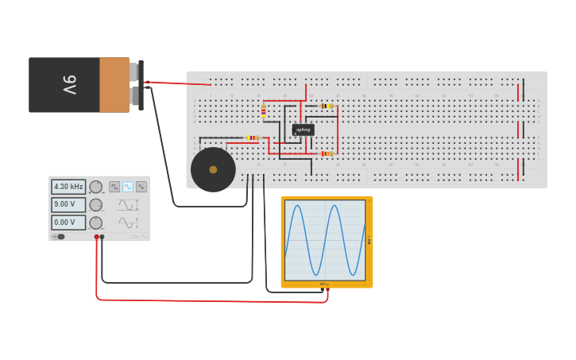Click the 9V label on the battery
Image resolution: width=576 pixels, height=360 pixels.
[69, 84]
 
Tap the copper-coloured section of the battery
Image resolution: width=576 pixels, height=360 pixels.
[114, 84]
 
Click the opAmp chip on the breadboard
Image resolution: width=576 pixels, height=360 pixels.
[303, 130]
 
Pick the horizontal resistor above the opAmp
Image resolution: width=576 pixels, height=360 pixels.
[326, 106]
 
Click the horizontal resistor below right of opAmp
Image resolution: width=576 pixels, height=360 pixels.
[326, 153]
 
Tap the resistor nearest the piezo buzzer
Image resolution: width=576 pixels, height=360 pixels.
[252, 137]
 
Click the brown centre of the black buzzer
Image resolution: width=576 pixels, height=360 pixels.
[213, 169]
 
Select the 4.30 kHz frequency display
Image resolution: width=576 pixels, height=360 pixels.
[68, 187]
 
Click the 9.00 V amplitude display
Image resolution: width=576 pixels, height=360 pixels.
[68, 204]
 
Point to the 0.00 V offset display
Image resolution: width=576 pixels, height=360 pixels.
[68, 223]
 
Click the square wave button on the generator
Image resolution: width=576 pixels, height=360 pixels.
[114, 187]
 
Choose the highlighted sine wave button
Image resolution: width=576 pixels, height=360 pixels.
[128, 187]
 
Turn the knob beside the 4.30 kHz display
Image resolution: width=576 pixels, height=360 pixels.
[95, 187]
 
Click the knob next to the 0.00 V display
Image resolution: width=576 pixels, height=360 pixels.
[95, 223]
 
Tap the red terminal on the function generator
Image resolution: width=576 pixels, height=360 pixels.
[96, 237]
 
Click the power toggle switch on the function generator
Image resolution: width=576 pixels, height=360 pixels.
[59, 237]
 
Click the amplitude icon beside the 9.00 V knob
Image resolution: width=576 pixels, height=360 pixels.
[127, 204]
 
